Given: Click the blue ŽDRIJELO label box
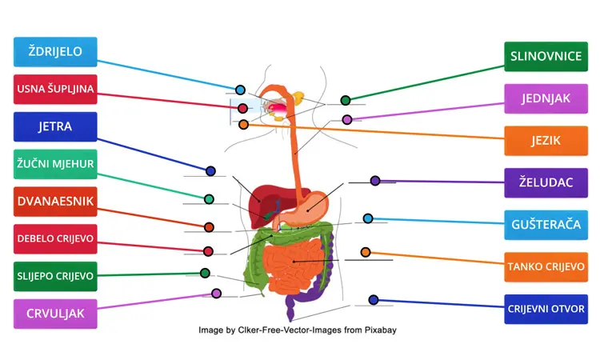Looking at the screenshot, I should tap(55, 52).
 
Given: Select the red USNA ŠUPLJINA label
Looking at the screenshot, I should tap(55, 90).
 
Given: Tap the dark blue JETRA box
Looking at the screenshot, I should tap(55, 126).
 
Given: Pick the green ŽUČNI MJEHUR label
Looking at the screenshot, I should tap(55, 164).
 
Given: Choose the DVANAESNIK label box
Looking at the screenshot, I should tap(55, 202).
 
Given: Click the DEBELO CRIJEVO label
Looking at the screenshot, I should tap(55, 238).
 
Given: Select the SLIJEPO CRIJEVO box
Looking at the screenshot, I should tap(55, 276).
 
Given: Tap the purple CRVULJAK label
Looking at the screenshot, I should tap(55, 314).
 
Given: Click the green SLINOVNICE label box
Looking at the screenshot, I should tap(546, 56).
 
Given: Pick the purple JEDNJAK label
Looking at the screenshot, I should tap(546, 98).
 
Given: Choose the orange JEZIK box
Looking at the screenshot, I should tap(546, 141).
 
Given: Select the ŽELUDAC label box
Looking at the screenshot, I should tap(546, 182).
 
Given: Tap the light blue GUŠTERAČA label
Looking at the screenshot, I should tap(546, 225).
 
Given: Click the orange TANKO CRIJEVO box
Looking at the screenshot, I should tap(546, 266).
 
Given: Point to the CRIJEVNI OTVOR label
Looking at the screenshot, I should tap(546, 309).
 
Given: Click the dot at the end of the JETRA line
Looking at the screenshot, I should tap(211, 171).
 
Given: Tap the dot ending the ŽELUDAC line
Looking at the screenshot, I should tap(375, 181).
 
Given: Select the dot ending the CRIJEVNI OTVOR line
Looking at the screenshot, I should tap(374, 300).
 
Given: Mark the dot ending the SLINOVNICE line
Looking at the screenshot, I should tap(346, 100).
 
